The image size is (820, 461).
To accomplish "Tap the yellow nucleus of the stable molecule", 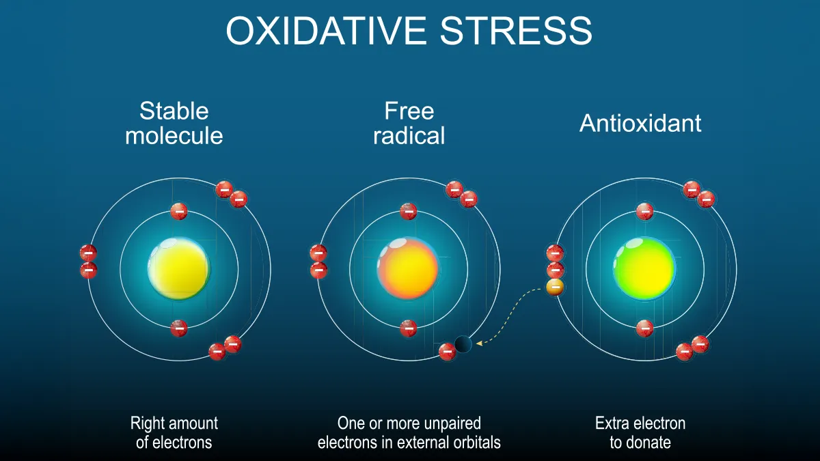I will click(178, 269).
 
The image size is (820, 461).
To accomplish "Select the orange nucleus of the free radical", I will click(408, 269).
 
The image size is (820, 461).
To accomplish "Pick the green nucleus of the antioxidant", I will click(644, 269).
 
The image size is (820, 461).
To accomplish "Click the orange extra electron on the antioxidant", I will click(555, 287).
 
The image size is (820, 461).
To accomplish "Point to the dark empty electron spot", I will click(463, 344).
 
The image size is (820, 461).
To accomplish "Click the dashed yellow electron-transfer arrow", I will click(509, 318).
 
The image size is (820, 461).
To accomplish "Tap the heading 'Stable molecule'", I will click(174, 123).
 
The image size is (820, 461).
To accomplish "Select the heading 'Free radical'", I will click(409, 123).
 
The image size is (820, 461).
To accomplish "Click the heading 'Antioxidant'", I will click(640, 123).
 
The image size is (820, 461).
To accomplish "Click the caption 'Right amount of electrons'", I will click(174, 432).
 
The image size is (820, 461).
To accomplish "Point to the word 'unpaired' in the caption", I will click(451, 423).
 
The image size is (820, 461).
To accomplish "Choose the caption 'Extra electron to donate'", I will click(640, 432).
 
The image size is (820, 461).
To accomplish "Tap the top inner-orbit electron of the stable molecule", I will click(179, 211).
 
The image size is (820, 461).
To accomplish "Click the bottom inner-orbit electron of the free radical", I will click(409, 329).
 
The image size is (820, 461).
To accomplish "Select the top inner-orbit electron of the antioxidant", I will click(644, 211).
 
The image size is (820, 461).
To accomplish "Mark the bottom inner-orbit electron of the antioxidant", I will click(644, 329).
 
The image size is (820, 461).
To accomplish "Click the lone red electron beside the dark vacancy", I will click(447, 352).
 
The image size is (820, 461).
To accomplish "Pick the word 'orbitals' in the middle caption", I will click(473, 442).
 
